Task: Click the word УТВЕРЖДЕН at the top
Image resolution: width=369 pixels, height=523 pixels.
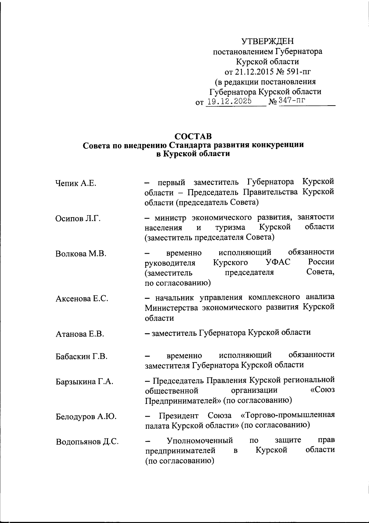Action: click(x=268, y=41)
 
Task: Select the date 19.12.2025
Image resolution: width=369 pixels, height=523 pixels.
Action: click(x=229, y=101)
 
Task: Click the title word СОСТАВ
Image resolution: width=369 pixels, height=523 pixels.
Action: click(x=193, y=136)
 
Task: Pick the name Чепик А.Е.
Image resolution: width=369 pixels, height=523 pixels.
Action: click(x=76, y=184)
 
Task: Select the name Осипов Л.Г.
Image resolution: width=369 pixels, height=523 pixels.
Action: click(x=78, y=219)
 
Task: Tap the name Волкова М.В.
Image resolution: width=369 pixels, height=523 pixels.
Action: click(x=81, y=254)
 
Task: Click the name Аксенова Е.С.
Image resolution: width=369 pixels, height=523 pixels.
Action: click(x=82, y=298)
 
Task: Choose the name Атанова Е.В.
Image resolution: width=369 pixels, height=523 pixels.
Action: click(x=80, y=334)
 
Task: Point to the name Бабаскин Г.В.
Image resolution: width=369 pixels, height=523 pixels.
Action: click(x=81, y=357)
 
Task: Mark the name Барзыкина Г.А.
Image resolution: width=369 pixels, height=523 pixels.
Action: click(x=84, y=382)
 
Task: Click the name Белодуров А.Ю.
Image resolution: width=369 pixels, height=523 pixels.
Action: click(x=86, y=417)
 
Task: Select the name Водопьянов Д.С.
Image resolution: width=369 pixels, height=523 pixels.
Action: click(x=87, y=442)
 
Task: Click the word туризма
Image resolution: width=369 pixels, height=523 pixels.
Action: click(x=230, y=228)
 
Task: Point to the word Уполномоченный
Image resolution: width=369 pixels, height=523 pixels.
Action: click(x=199, y=440)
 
